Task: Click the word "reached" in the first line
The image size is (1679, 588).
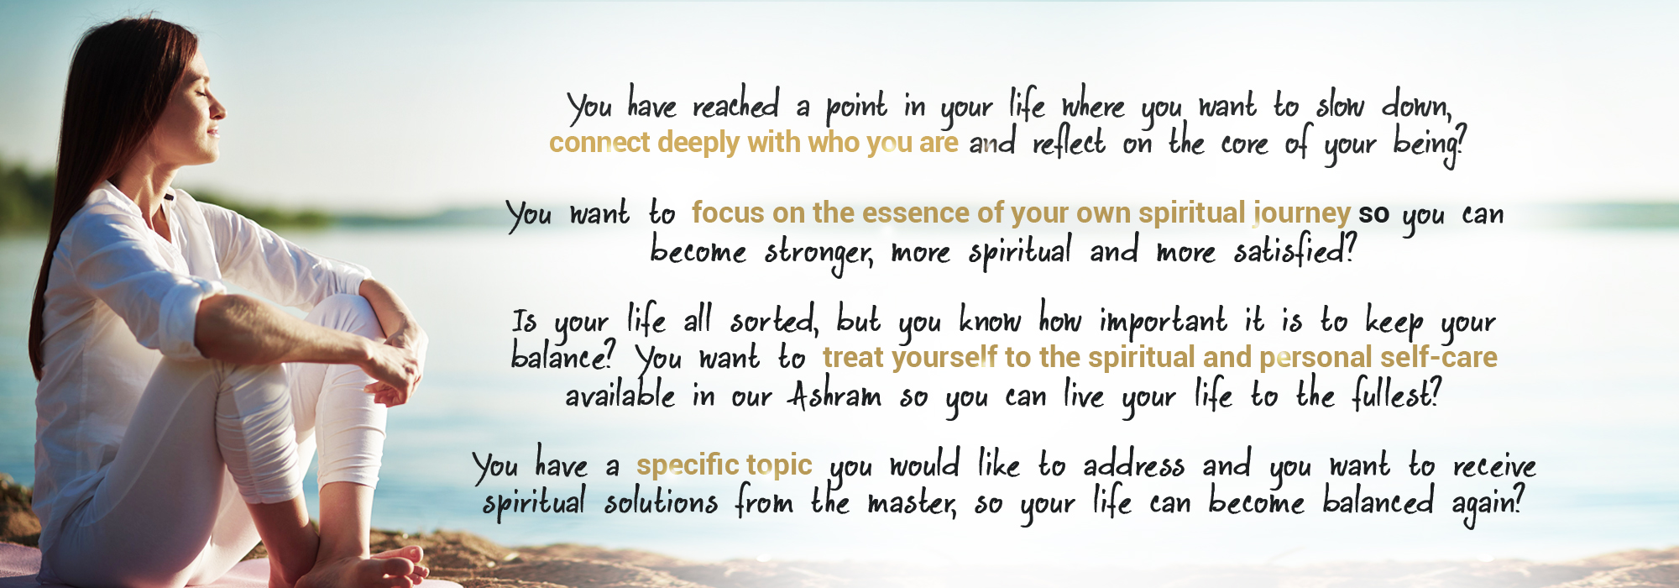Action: [x=735, y=105]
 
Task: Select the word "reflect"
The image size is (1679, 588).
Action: [x=1069, y=143]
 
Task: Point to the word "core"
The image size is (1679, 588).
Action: [x=1244, y=144]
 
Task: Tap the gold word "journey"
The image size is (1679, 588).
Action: [x=1302, y=215]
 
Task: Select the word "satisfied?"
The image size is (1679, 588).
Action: [x=1294, y=251]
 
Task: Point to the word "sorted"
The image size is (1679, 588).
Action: [x=772, y=320]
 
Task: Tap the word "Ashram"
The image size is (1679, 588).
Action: [x=834, y=395]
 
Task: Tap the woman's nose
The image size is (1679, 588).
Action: [x=221, y=107]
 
